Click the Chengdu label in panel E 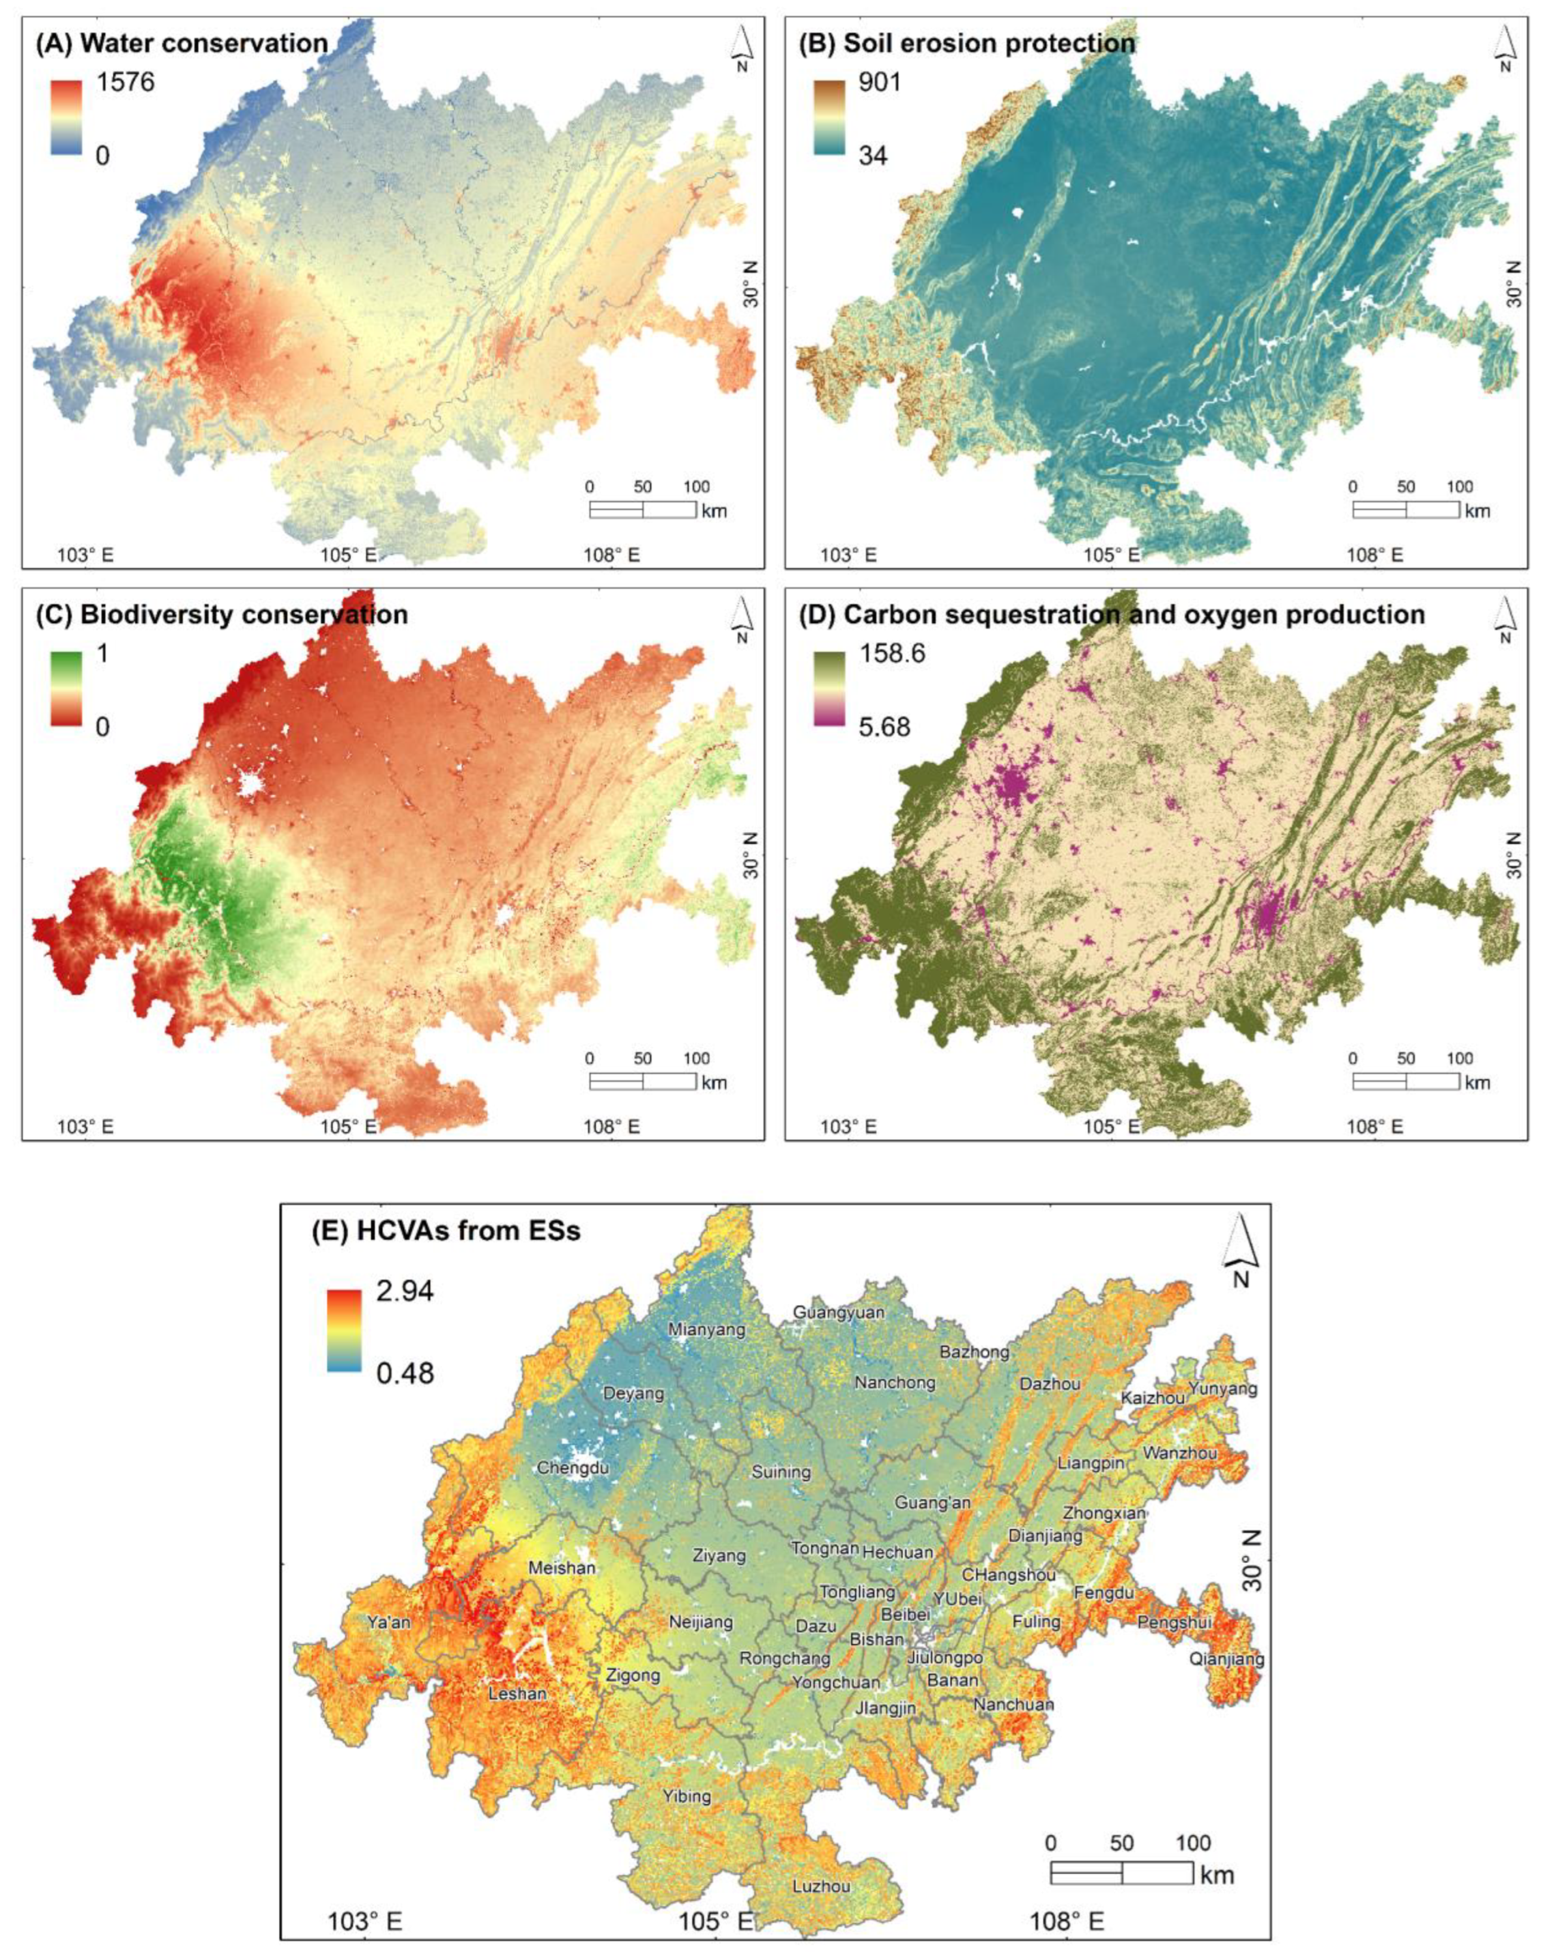point(573,1468)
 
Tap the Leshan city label point(517,1694)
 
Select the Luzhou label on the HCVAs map point(821,1887)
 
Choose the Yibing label point(686,1796)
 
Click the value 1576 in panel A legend point(127,83)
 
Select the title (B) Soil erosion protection point(966,44)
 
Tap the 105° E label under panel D point(1115,1126)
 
